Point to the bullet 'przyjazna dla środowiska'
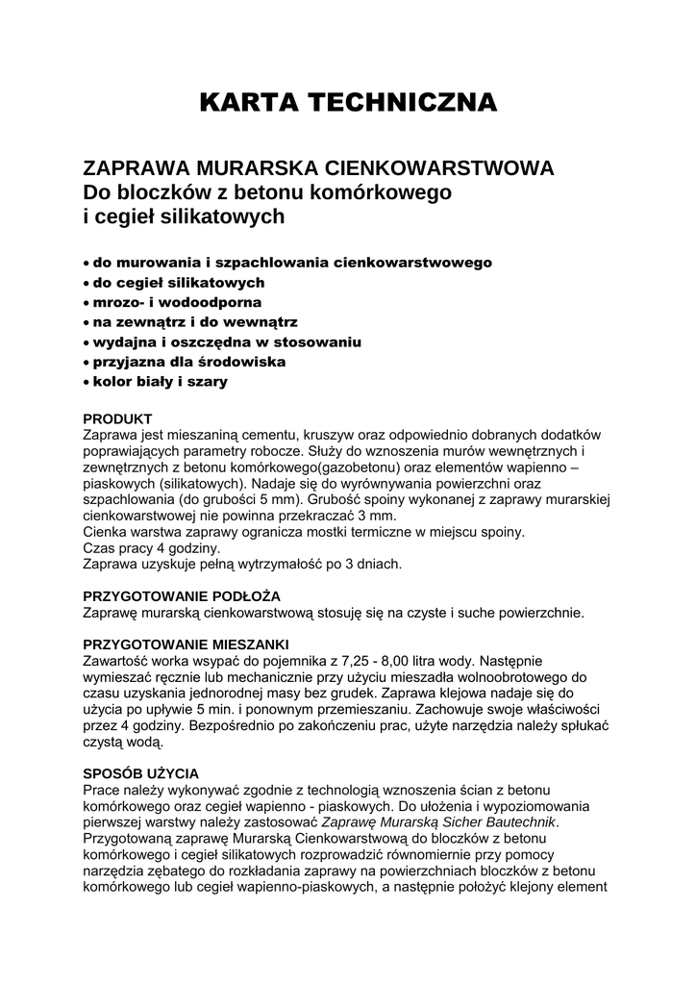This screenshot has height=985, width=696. click(188, 362)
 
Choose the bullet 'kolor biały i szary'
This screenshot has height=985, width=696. click(160, 382)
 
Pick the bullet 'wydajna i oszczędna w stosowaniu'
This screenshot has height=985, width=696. click(226, 341)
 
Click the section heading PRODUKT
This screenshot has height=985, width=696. click(117, 419)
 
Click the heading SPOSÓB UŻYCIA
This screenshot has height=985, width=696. click(141, 772)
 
